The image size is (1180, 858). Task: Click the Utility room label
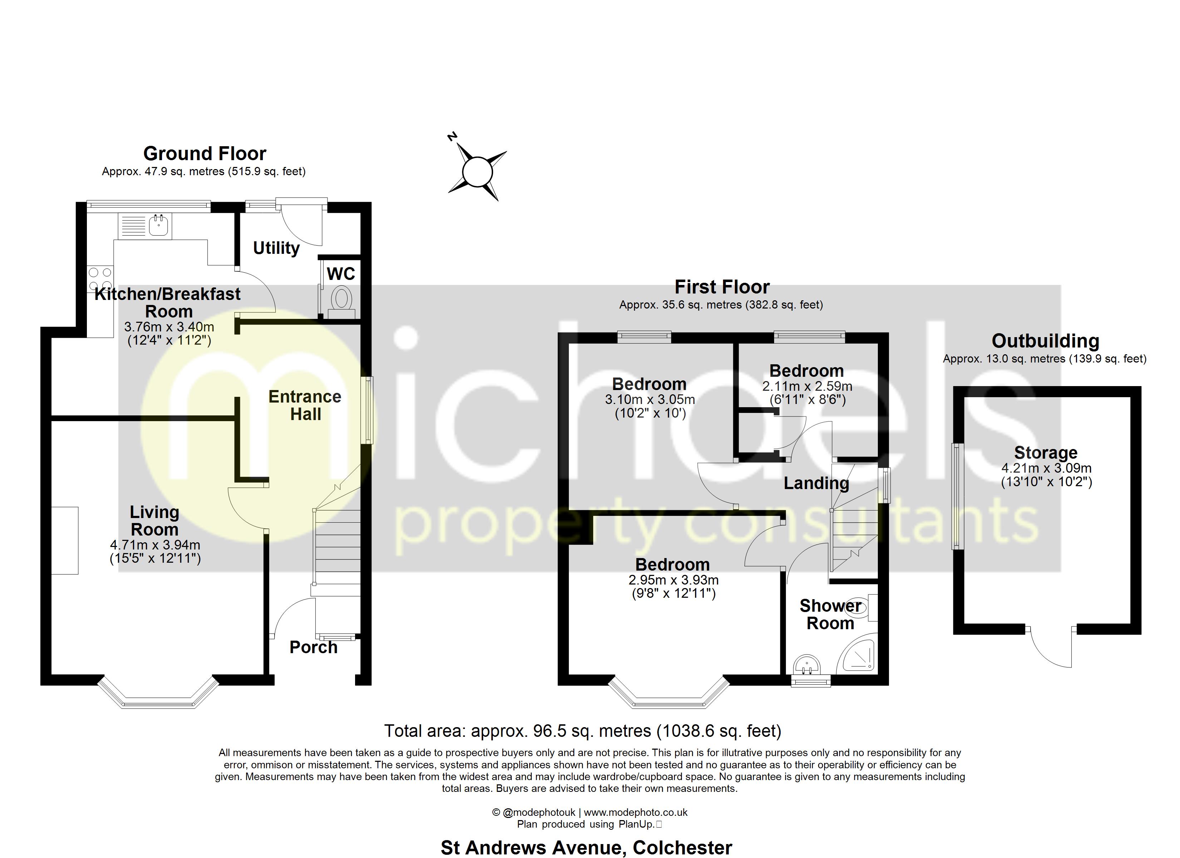(x=276, y=248)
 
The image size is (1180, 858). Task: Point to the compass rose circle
(x=477, y=172)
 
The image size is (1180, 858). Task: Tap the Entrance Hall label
(x=305, y=405)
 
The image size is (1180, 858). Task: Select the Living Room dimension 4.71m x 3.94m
(x=155, y=545)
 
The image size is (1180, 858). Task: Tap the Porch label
(x=313, y=647)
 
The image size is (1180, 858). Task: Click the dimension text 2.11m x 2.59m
(x=807, y=386)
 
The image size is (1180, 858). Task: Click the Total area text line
(x=582, y=731)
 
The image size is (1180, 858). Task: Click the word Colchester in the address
(x=682, y=848)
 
